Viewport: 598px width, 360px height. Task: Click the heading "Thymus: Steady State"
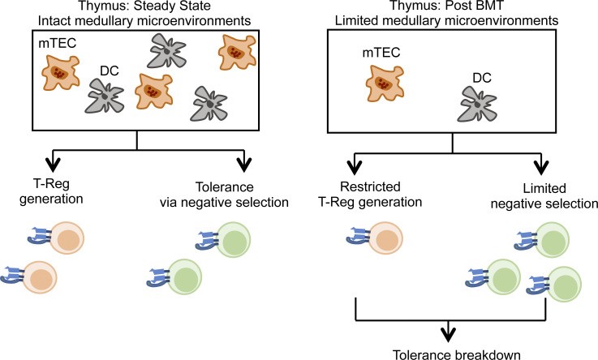pyautogui.click(x=137, y=7)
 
